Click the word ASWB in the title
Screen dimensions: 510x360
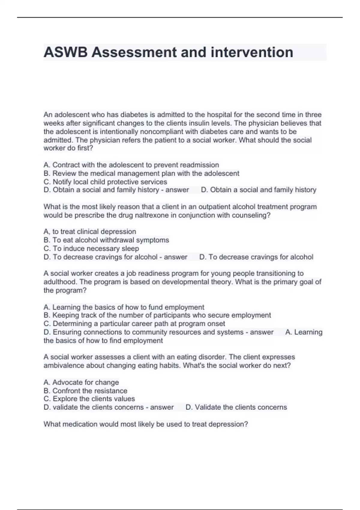coord(66,52)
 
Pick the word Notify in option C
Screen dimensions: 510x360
coord(62,182)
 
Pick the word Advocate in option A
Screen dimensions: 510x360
coord(67,382)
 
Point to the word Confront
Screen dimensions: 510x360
coord(66,391)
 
